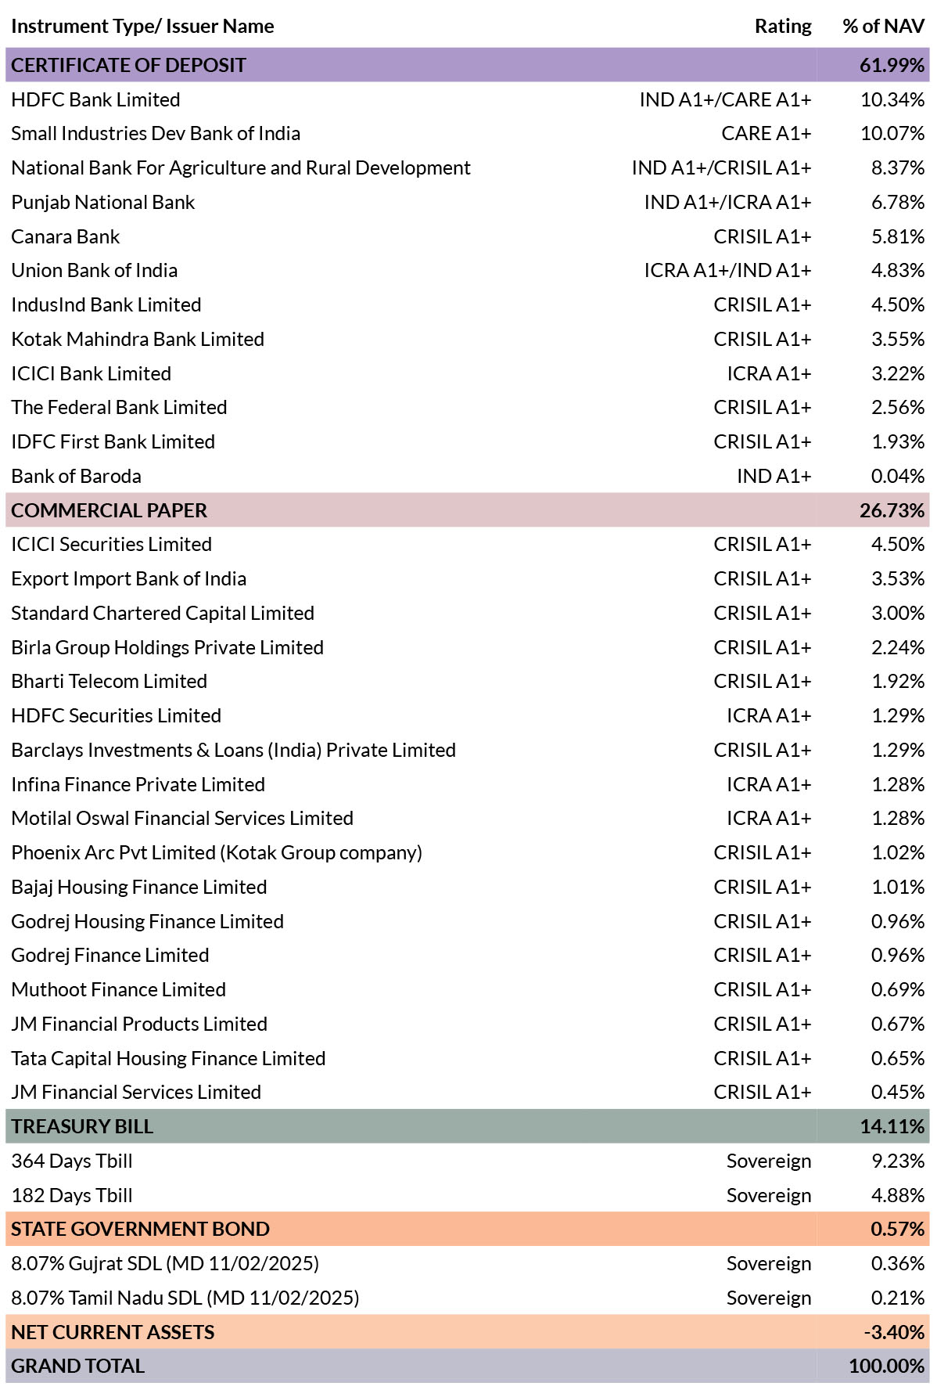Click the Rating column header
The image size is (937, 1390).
click(x=783, y=27)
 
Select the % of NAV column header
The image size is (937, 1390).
click(x=884, y=27)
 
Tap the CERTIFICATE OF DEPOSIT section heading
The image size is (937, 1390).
click(x=128, y=65)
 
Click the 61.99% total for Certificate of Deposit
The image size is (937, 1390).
click(x=892, y=65)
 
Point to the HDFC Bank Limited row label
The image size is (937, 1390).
click(x=95, y=99)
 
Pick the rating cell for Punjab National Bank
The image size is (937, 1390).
click(x=727, y=202)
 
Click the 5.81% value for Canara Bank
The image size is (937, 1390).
click(x=898, y=236)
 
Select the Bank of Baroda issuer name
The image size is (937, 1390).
click(x=76, y=476)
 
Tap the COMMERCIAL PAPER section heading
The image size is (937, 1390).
click(x=109, y=510)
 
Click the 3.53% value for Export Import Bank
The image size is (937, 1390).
click(x=898, y=578)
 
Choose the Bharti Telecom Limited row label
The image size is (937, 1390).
click(x=109, y=681)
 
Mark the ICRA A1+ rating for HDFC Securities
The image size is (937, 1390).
click(x=769, y=715)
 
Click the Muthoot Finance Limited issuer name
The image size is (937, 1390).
click(x=118, y=989)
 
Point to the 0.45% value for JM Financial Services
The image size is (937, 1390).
click(x=898, y=1092)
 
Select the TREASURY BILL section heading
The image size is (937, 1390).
click(x=82, y=1126)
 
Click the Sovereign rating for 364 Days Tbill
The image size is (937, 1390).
click(x=769, y=1161)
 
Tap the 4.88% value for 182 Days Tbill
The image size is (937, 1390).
click(x=898, y=1195)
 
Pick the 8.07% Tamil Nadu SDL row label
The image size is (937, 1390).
click(x=185, y=1298)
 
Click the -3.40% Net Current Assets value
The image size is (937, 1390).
click(x=895, y=1332)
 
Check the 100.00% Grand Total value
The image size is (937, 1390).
click(x=887, y=1366)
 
